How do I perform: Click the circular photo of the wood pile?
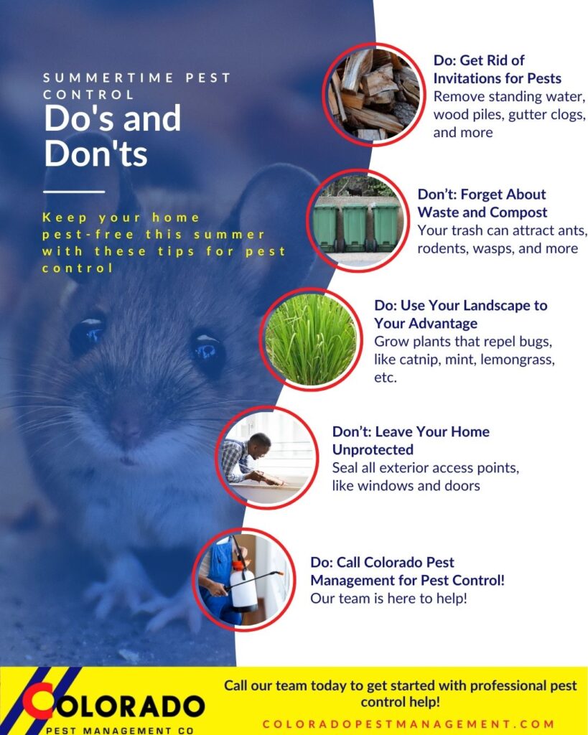pos(375,94)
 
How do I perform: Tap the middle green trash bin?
pos(354,227)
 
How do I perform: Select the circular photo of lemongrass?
pos(311,340)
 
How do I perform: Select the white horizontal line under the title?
pos(74,192)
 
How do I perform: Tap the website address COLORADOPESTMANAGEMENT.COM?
pos(409,724)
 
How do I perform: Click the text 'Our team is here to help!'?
pos(388,597)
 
